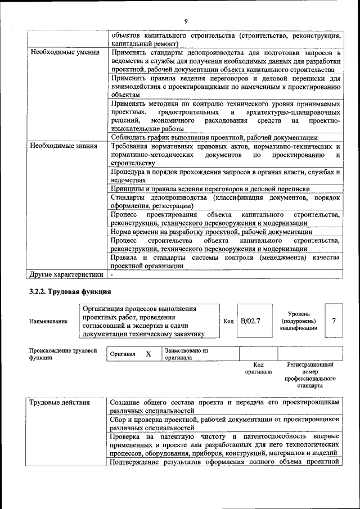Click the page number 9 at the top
tap(185, 21)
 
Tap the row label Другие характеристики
tap(66, 274)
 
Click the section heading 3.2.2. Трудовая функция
tap(70, 291)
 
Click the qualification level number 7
tap(334, 321)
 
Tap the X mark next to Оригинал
tap(148, 354)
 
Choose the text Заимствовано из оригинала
tap(186, 354)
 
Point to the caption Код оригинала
tap(258, 368)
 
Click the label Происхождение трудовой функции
tap(63, 354)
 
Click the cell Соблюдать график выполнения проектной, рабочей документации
tap(214, 137)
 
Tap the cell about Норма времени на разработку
tap(211, 231)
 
